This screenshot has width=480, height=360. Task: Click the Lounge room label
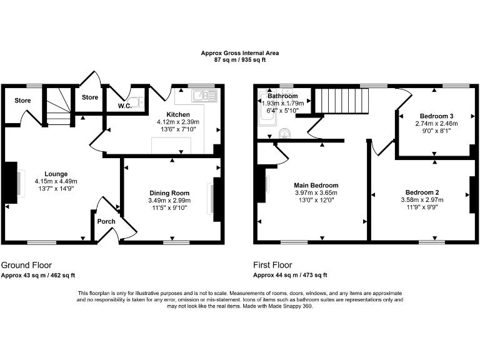pos(56,174)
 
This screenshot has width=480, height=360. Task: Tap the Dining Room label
pos(169,192)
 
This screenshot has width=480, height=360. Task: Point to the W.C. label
pos(125,106)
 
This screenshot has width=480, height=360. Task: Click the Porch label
pos(106,221)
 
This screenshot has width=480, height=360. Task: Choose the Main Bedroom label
pos(316,185)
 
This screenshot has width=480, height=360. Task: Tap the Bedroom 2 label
pos(422,192)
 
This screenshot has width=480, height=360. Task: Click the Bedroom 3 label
pos(436,116)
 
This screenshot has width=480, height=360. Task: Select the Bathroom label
pos(282,96)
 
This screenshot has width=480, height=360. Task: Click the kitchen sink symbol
pos(204,96)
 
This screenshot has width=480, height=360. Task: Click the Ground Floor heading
pos(26,265)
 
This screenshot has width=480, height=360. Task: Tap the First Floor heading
pos(272,265)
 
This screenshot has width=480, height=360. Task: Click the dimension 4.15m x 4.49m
pos(56,181)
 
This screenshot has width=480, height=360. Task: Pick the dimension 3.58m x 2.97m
pos(422,199)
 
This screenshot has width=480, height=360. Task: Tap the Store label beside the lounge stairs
pos(23,100)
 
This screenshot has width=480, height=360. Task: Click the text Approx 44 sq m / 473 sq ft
pos(290,275)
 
